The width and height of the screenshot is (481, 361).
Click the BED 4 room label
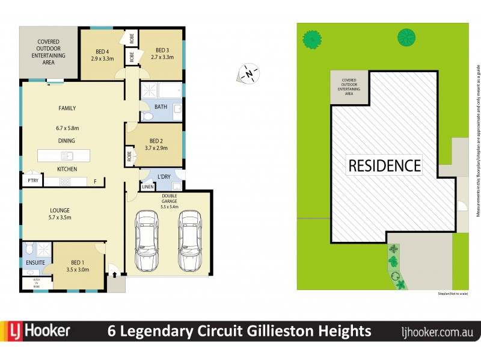tap(102, 51)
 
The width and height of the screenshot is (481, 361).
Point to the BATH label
tap(161, 107)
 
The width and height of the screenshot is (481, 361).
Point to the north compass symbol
tap(249, 73)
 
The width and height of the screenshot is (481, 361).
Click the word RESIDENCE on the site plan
tap(384, 165)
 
